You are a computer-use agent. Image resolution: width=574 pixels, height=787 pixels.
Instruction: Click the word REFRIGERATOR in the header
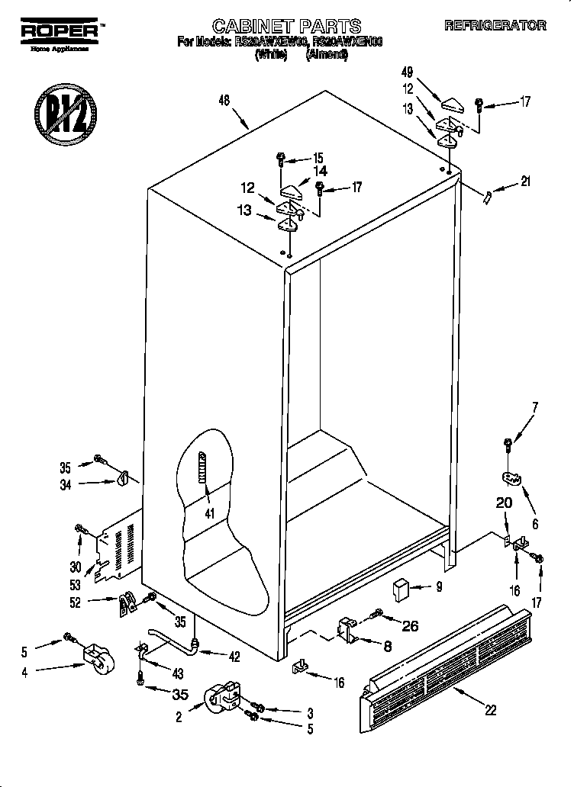495,25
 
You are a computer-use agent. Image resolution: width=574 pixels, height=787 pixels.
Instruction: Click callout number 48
224,100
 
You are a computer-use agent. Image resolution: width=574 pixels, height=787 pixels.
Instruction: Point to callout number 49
406,73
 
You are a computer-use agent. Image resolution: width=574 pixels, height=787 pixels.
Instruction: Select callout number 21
524,181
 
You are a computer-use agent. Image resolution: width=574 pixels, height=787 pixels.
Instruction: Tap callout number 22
490,709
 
